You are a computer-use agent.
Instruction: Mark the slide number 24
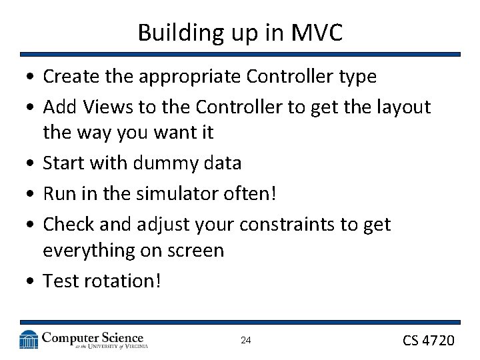[245, 341]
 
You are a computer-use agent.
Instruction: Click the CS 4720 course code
[428, 341]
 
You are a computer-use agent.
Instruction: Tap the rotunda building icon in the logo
[28, 340]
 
